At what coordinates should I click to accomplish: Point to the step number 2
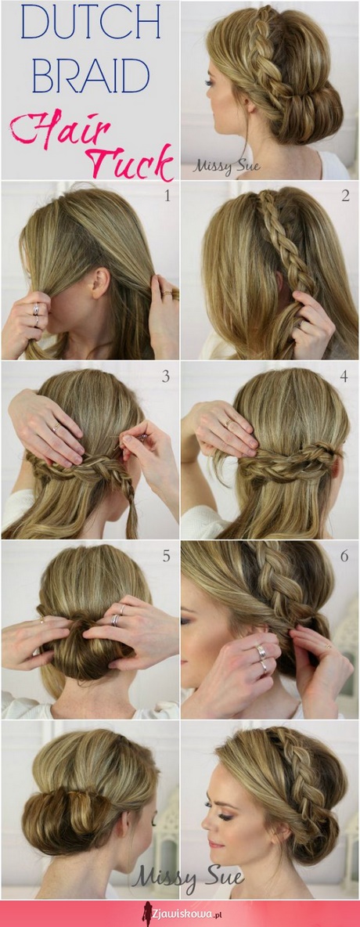pyautogui.click(x=345, y=196)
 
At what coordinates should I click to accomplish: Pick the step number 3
pyautogui.click(x=166, y=376)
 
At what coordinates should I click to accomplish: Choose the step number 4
pyautogui.click(x=344, y=376)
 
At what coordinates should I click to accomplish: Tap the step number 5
pyautogui.click(x=166, y=556)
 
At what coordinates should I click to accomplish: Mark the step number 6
pyautogui.click(x=344, y=556)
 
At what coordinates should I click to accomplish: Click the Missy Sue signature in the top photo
pyautogui.click(x=226, y=165)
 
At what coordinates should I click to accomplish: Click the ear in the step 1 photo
pyautogui.click(x=99, y=282)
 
